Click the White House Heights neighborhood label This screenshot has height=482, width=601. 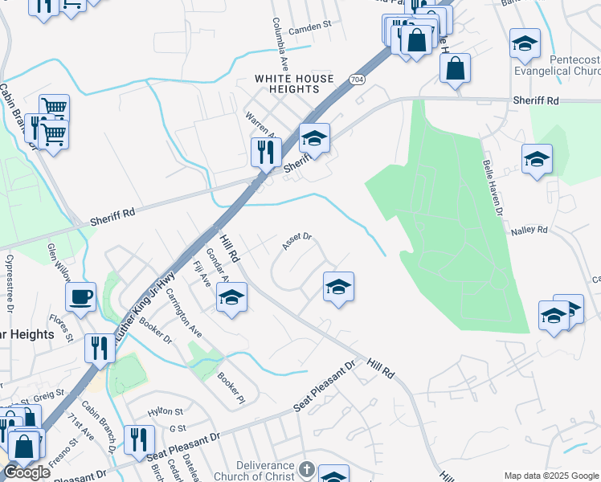coord(294,84)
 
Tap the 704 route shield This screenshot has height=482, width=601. coord(358,80)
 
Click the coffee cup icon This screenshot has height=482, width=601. coord(81,298)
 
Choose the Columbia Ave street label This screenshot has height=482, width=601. coord(280,41)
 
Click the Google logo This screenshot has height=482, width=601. coord(27,472)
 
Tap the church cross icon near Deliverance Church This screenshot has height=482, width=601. coord(305,469)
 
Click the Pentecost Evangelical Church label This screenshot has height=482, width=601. coord(563,66)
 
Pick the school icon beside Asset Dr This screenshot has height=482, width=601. coord(338,287)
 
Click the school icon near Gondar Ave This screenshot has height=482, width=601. coord(231,298)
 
